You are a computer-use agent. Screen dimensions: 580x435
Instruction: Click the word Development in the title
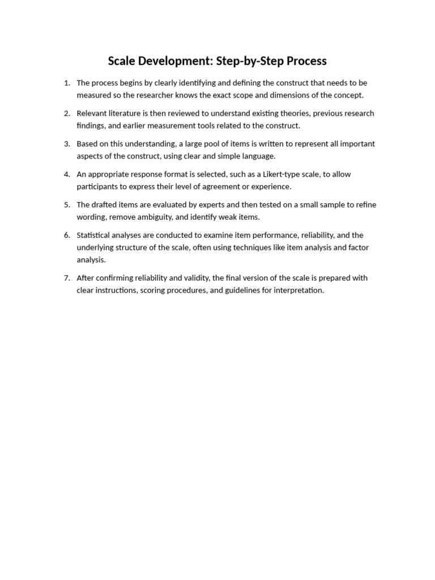coord(170,61)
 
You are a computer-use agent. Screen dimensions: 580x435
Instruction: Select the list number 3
coord(67,144)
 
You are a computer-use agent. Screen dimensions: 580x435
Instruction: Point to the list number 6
coord(67,235)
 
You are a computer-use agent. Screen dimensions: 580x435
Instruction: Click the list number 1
coord(67,83)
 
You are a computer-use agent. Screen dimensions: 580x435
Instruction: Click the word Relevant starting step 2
coord(92,113)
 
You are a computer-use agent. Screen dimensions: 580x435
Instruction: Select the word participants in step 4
coord(97,186)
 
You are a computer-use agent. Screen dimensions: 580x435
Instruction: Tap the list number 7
coord(67,278)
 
